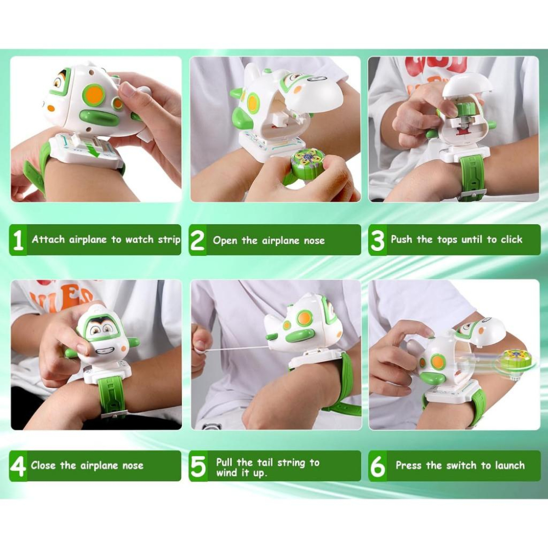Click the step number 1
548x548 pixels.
[x=18, y=240]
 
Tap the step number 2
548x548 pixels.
[x=197, y=240]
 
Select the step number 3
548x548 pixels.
[x=378, y=240]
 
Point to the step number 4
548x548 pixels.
[x=18, y=466]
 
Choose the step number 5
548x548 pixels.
[x=198, y=466]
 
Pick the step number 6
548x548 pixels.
[x=378, y=466]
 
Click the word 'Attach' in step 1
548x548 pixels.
[x=49, y=239]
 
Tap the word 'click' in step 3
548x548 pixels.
[x=511, y=239]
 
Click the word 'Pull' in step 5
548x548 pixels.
[x=224, y=463]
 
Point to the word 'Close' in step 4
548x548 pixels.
[x=43, y=465]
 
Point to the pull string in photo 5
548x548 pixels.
[x=235, y=349]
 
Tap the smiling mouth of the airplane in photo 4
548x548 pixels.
[x=104, y=350]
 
